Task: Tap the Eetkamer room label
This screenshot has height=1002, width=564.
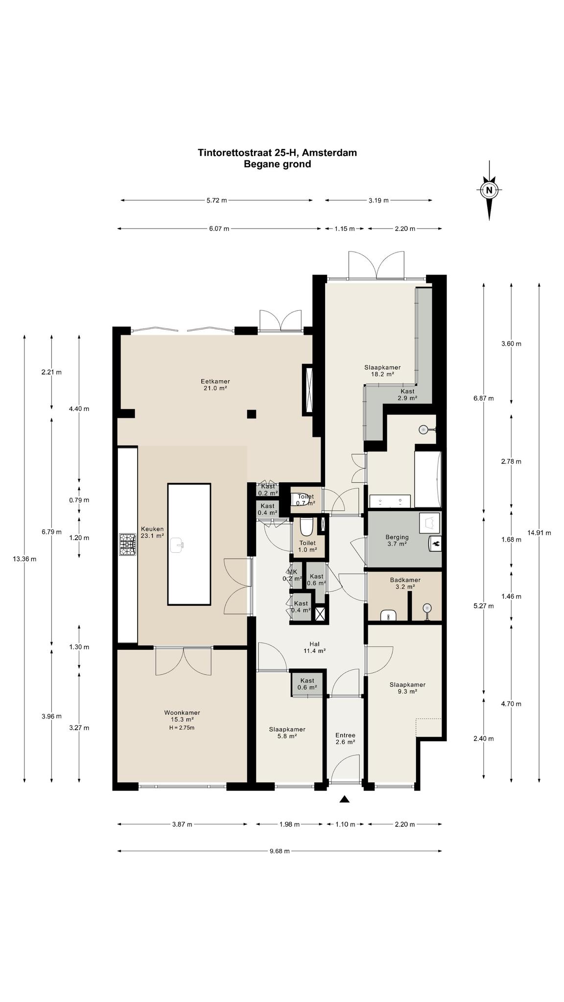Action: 215,385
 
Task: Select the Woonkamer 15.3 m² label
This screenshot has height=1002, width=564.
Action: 182,716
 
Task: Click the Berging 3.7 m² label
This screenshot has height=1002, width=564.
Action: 397,540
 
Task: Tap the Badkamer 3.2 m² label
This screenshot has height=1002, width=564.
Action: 405,583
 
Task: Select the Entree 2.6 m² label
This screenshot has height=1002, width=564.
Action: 345,738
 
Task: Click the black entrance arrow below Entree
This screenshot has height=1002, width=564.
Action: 345,799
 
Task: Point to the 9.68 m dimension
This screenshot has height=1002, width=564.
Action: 280,851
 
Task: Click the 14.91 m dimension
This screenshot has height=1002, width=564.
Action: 539,532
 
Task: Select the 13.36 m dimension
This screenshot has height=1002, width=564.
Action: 24,558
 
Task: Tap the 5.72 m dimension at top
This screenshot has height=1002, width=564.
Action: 217,200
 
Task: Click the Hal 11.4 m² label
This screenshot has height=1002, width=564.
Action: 314,647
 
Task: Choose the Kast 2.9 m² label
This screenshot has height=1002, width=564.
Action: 407,395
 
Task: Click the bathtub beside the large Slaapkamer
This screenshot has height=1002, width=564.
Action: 428,479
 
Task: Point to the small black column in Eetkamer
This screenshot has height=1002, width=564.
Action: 252,414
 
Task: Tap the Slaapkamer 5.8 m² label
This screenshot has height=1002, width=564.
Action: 287,732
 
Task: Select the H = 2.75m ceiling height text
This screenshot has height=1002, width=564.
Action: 182,728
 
